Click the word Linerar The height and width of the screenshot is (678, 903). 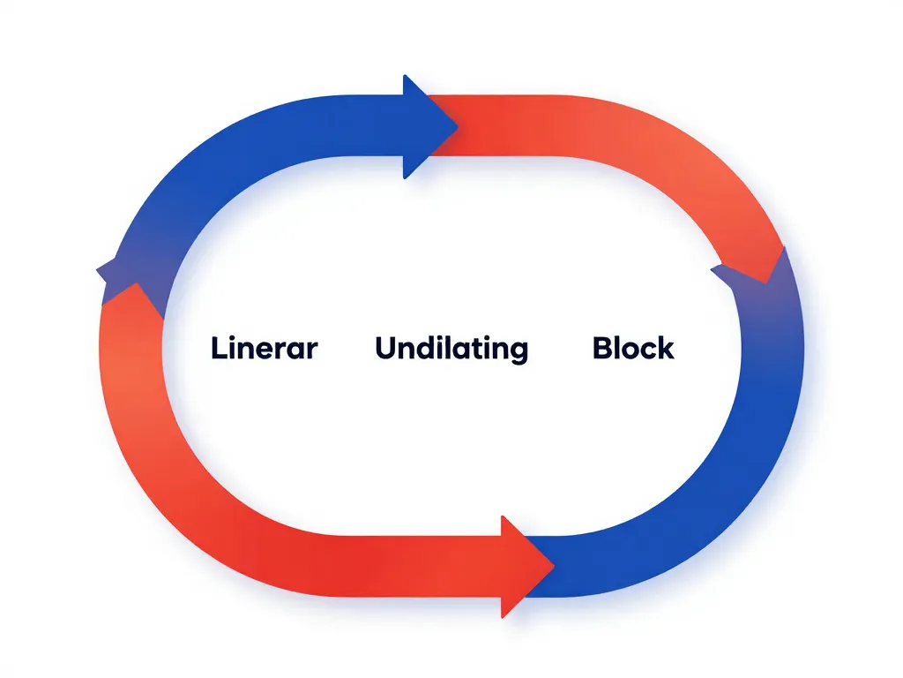coord(264,348)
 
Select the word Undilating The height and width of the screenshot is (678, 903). coord(451,349)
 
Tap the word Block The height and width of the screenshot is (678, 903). coord(633,348)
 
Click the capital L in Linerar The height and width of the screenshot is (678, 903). coord(219,348)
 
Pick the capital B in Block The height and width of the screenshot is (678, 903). coord(603,348)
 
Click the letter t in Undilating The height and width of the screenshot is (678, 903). coord(471,349)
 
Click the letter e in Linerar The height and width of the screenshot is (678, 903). coord(265,350)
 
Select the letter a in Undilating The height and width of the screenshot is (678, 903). coord(457,350)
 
